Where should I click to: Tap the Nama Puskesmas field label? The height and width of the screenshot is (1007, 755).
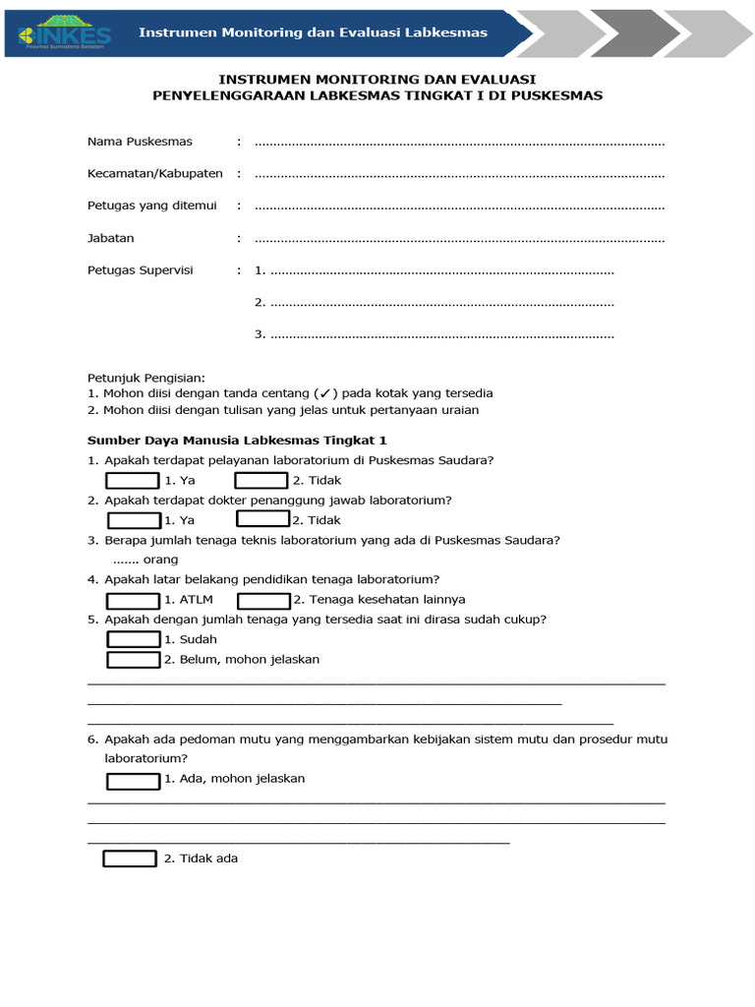click(140, 143)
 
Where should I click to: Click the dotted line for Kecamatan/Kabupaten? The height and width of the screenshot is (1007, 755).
click(459, 175)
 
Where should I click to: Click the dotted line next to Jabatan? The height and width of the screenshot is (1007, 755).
click(459, 239)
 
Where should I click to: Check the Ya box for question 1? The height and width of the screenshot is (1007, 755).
click(133, 480)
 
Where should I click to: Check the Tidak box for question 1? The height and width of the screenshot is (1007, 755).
click(261, 480)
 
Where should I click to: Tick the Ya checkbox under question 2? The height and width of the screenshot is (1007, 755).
click(134, 520)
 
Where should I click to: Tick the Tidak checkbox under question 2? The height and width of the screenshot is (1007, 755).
click(263, 519)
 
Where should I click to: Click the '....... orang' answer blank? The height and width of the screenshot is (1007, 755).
click(138, 561)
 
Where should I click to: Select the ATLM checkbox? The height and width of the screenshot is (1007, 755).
click(133, 600)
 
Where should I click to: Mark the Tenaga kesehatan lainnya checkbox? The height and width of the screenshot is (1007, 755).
click(263, 600)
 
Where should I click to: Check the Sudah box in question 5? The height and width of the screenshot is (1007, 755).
click(133, 639)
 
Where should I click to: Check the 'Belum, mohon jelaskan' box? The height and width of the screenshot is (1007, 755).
click(133, 660)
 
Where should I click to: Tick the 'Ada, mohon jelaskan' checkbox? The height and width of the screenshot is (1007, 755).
click(133, 781)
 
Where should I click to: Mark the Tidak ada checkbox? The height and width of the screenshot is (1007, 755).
click(130, 859)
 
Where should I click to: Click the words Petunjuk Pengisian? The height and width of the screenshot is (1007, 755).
click(146, 378)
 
